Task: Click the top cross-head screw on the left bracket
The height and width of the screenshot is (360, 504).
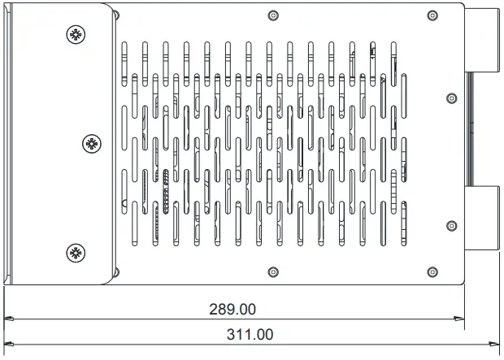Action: coord(75,34)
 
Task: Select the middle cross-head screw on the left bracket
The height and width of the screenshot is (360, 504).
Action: coord(92,144)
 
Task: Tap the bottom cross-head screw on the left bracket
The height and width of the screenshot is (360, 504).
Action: coord(75,252)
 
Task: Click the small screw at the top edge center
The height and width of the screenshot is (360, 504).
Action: coord(272,15)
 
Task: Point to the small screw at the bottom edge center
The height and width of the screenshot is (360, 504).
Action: coord(272,272)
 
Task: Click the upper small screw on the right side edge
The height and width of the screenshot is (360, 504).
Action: coord(452,98)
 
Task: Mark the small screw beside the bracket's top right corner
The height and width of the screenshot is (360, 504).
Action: coord(115,15)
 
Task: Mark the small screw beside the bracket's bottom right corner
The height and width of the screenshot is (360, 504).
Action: coord(115,272)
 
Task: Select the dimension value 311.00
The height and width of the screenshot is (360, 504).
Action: coord(250,334)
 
